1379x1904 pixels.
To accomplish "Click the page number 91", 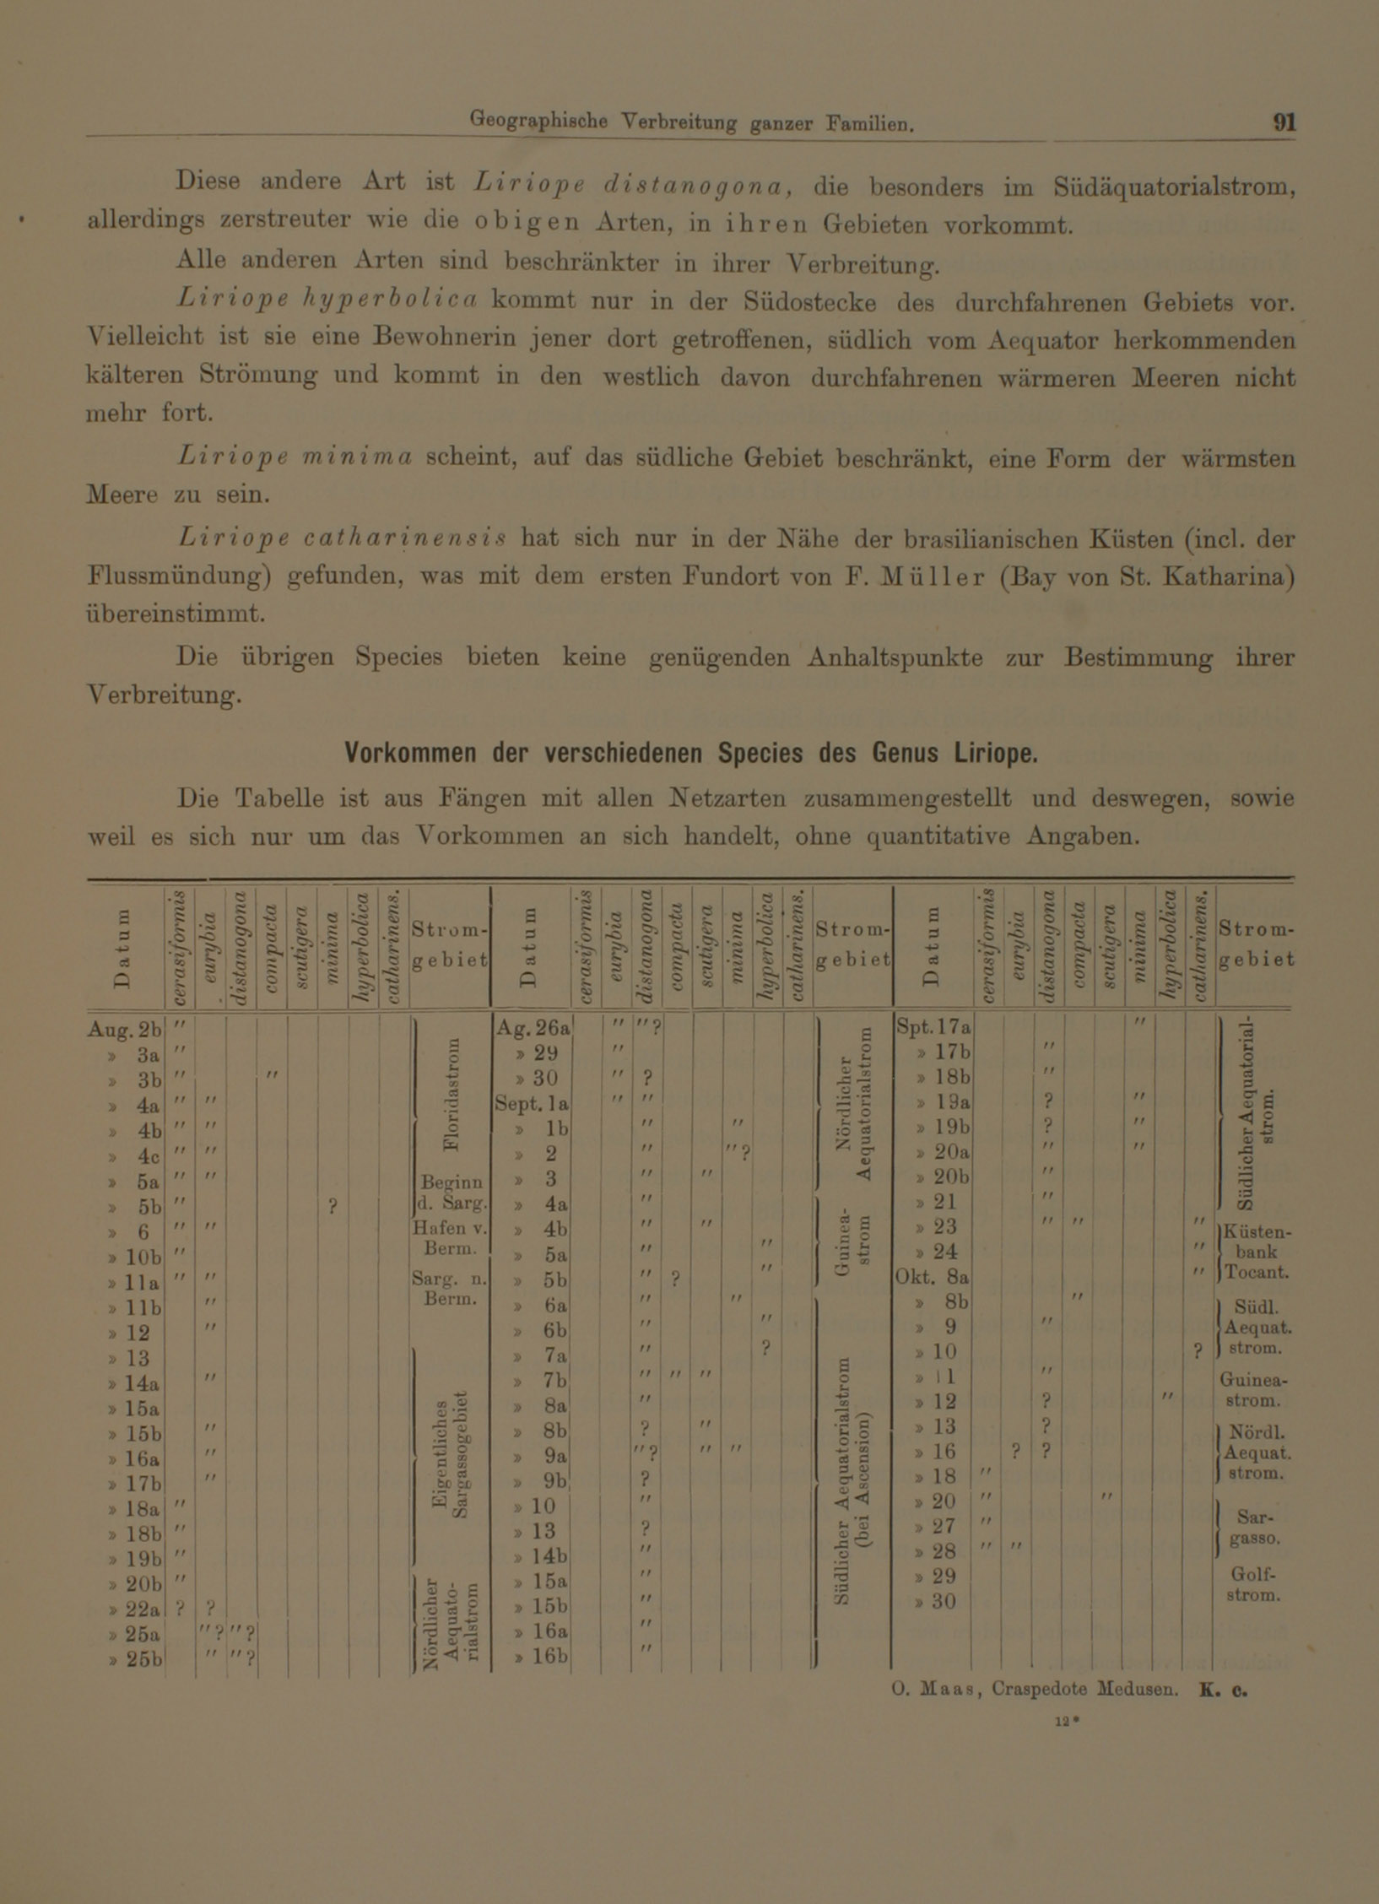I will (1284, 122).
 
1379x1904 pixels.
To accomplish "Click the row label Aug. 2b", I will (124, 1030).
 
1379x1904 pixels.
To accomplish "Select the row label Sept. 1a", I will (533, 1103).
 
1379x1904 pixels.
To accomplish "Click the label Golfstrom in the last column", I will (1253, 1585).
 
